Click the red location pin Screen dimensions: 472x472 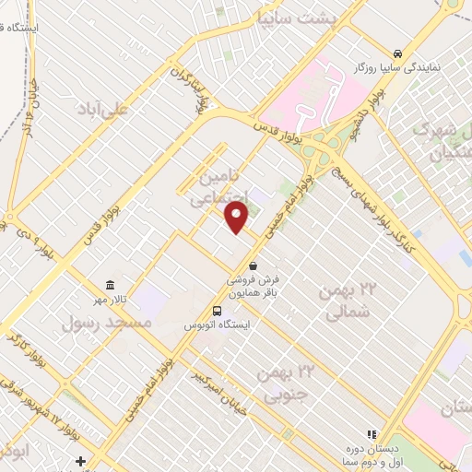click(x=237, y=217)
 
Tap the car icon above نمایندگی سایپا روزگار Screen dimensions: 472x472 click(x=396, y=53)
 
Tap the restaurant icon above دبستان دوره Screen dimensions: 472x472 click(x=372, y=433)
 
